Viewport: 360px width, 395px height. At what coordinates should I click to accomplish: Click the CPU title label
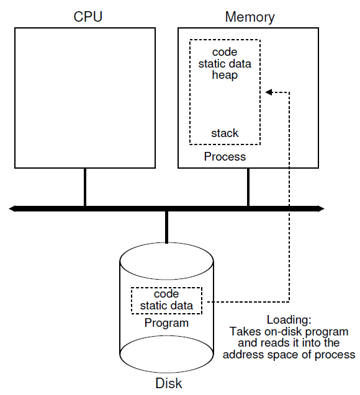[84, 16]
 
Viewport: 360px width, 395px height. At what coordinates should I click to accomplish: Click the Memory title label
[250, 16]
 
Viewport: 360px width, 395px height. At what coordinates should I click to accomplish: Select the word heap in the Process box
[225, 75]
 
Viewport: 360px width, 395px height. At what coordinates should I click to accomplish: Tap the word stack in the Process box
[225, 133]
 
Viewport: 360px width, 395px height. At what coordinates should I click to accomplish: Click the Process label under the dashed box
[225, 157]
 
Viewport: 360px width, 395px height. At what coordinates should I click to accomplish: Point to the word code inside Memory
[225, 52]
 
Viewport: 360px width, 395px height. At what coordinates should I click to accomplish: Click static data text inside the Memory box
[225, 63]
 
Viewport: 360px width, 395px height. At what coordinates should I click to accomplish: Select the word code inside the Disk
[166, 294]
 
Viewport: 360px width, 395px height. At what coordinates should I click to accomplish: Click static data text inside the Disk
[166, 306]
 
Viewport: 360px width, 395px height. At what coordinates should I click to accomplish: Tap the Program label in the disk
[166, 323]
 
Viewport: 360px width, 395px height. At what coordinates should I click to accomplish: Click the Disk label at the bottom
[166, 383]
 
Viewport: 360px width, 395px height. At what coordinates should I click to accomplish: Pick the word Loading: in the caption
[289, 320]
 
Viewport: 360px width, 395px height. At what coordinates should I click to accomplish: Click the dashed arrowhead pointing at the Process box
[269, 92]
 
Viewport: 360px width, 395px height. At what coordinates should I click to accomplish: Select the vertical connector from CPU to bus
[84, 187]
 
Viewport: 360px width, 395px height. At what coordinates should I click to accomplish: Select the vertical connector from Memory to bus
[248, 187]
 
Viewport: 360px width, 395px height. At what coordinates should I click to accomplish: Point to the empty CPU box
[84, 97]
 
